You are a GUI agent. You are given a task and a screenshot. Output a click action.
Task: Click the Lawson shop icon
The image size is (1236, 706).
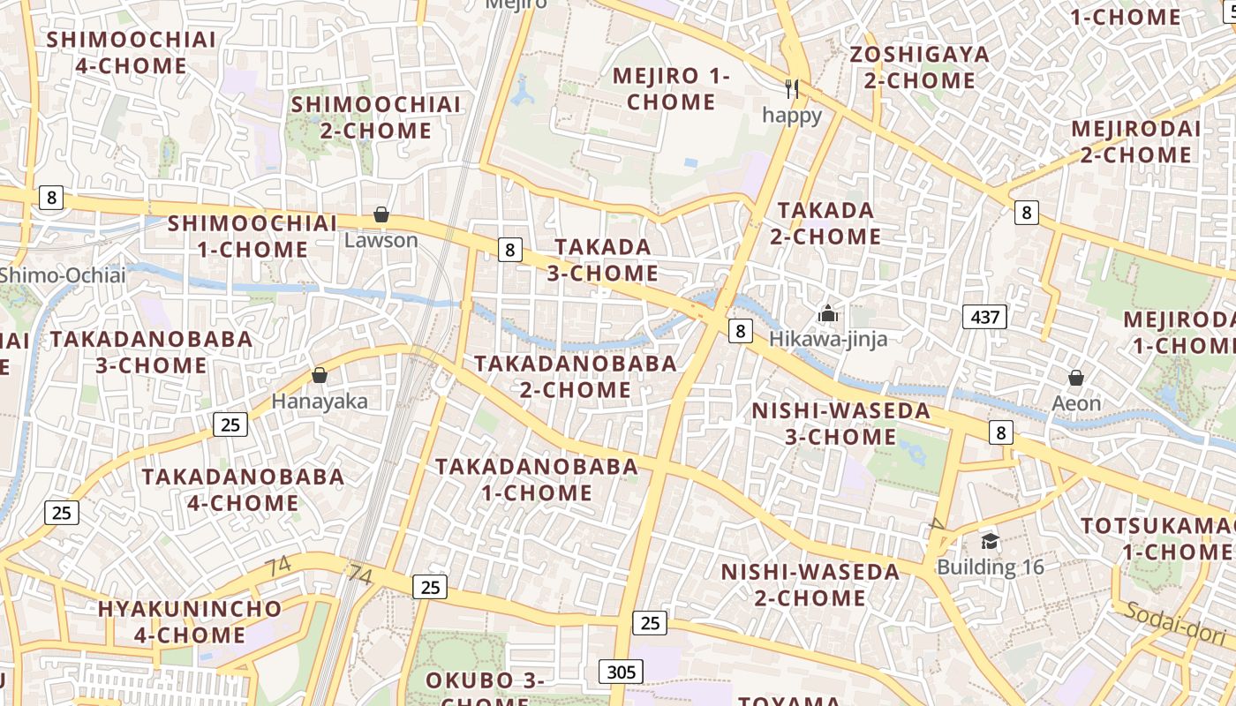381,214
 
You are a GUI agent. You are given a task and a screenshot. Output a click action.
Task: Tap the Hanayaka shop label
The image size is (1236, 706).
320,401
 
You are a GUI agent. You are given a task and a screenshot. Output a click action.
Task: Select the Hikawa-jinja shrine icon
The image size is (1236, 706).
827,313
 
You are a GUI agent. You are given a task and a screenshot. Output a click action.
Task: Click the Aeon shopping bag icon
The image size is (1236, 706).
1076,379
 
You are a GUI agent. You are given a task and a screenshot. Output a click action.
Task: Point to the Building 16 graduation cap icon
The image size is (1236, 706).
990,541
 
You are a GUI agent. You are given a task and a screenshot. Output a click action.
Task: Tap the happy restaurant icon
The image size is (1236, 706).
792,89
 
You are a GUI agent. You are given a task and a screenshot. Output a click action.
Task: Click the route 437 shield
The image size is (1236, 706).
984,317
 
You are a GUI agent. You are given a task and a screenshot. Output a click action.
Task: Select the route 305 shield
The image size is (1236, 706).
621,672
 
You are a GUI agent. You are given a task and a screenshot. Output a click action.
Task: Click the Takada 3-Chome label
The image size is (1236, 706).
603,259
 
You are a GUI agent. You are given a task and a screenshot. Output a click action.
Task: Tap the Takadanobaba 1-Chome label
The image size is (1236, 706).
537,479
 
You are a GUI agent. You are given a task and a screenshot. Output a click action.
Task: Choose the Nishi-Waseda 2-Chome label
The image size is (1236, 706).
810,584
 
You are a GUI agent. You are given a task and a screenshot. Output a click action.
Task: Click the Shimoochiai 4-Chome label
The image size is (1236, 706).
131,52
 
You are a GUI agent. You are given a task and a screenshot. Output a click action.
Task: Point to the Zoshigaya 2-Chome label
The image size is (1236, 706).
919,67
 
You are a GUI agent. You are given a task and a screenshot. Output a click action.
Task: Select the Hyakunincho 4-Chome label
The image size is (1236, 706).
189,621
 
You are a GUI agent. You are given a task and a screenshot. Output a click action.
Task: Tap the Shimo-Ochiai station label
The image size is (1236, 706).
62,274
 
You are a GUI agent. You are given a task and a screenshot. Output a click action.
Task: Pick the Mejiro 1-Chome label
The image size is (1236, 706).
671,88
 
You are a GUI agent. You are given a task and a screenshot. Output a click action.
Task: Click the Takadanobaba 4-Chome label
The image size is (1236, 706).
243,490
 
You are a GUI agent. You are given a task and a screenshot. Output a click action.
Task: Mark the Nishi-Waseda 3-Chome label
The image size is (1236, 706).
840,424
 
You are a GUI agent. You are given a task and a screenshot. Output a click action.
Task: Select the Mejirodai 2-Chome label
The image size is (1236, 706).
1135,142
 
